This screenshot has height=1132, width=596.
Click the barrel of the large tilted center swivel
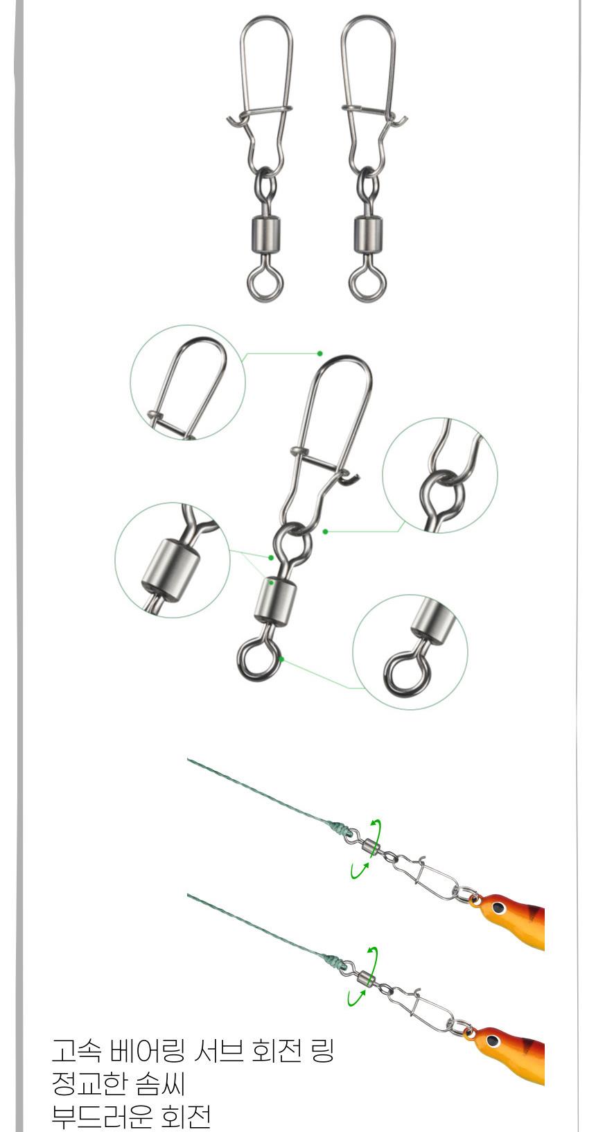pyautogui.click(x=275, y=600)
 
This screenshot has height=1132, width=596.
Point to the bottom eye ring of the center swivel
pyautogui.click(x=258, y=659)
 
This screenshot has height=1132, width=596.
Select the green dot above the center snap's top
pyautogui.click(x=319, y=354)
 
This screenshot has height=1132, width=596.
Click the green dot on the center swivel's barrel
pyautogui.click(x=272, y=583)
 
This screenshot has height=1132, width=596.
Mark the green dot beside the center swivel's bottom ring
pyautogui.click(x=281, y=659)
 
